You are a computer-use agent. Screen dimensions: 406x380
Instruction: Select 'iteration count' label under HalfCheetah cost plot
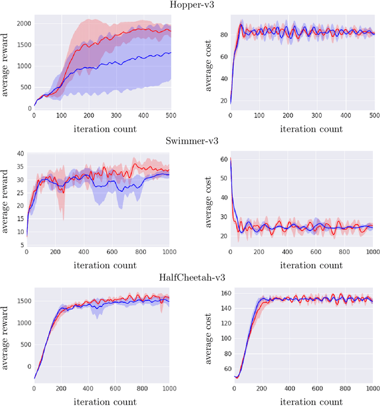[301, 401]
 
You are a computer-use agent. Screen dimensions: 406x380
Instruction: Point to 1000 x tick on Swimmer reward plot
[168, 252]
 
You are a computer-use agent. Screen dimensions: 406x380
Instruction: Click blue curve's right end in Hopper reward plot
[170, 53]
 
